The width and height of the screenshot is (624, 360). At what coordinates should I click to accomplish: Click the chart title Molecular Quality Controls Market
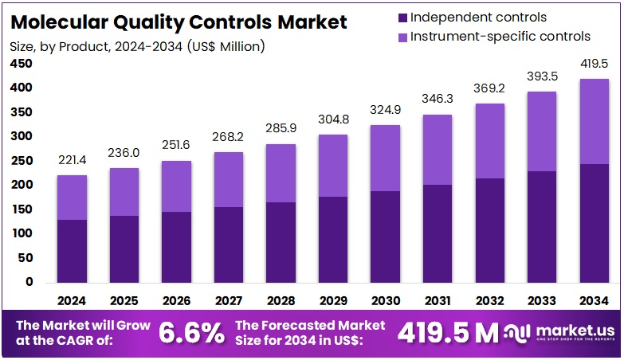tap(179, 22)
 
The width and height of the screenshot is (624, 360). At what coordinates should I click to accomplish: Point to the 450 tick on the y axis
tap(22, 63)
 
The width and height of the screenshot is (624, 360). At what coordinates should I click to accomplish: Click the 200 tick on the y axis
tap(22, 185)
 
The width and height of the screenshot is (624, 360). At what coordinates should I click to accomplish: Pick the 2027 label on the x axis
tap(228, 301)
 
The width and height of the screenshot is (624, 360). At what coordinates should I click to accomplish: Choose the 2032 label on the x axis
tap(490, 301)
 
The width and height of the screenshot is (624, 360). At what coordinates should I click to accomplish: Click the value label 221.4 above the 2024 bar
tap(72, 162)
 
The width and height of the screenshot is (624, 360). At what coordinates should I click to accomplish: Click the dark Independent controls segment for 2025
tap(124, 248)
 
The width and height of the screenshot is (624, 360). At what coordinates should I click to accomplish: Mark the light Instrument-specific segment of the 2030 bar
tap(386, 158)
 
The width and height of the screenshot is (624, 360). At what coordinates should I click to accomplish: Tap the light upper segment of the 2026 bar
tap(176, 186)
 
